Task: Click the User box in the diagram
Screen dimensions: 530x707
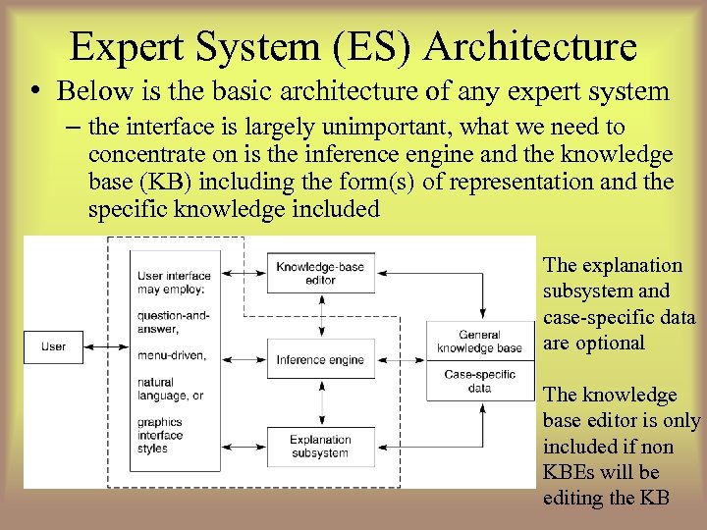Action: pyautogui.click(x=53, y=346)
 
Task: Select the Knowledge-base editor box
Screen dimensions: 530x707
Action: pyautogui.click(x=319, y=273)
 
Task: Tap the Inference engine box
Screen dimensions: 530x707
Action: pyautogui.click(x=319, y=360)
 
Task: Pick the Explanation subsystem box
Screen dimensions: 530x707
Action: pyautogui.click(x=319, y=447)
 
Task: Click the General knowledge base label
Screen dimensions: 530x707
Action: pyautogui.click(x=479, y=342)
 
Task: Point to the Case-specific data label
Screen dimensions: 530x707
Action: pyautogui.click(x=479, y=381)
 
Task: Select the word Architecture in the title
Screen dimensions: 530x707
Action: pyautogui.click(x=531, y=46)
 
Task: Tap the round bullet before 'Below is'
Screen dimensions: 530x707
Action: pyautogui.click(x=35, y=92)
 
